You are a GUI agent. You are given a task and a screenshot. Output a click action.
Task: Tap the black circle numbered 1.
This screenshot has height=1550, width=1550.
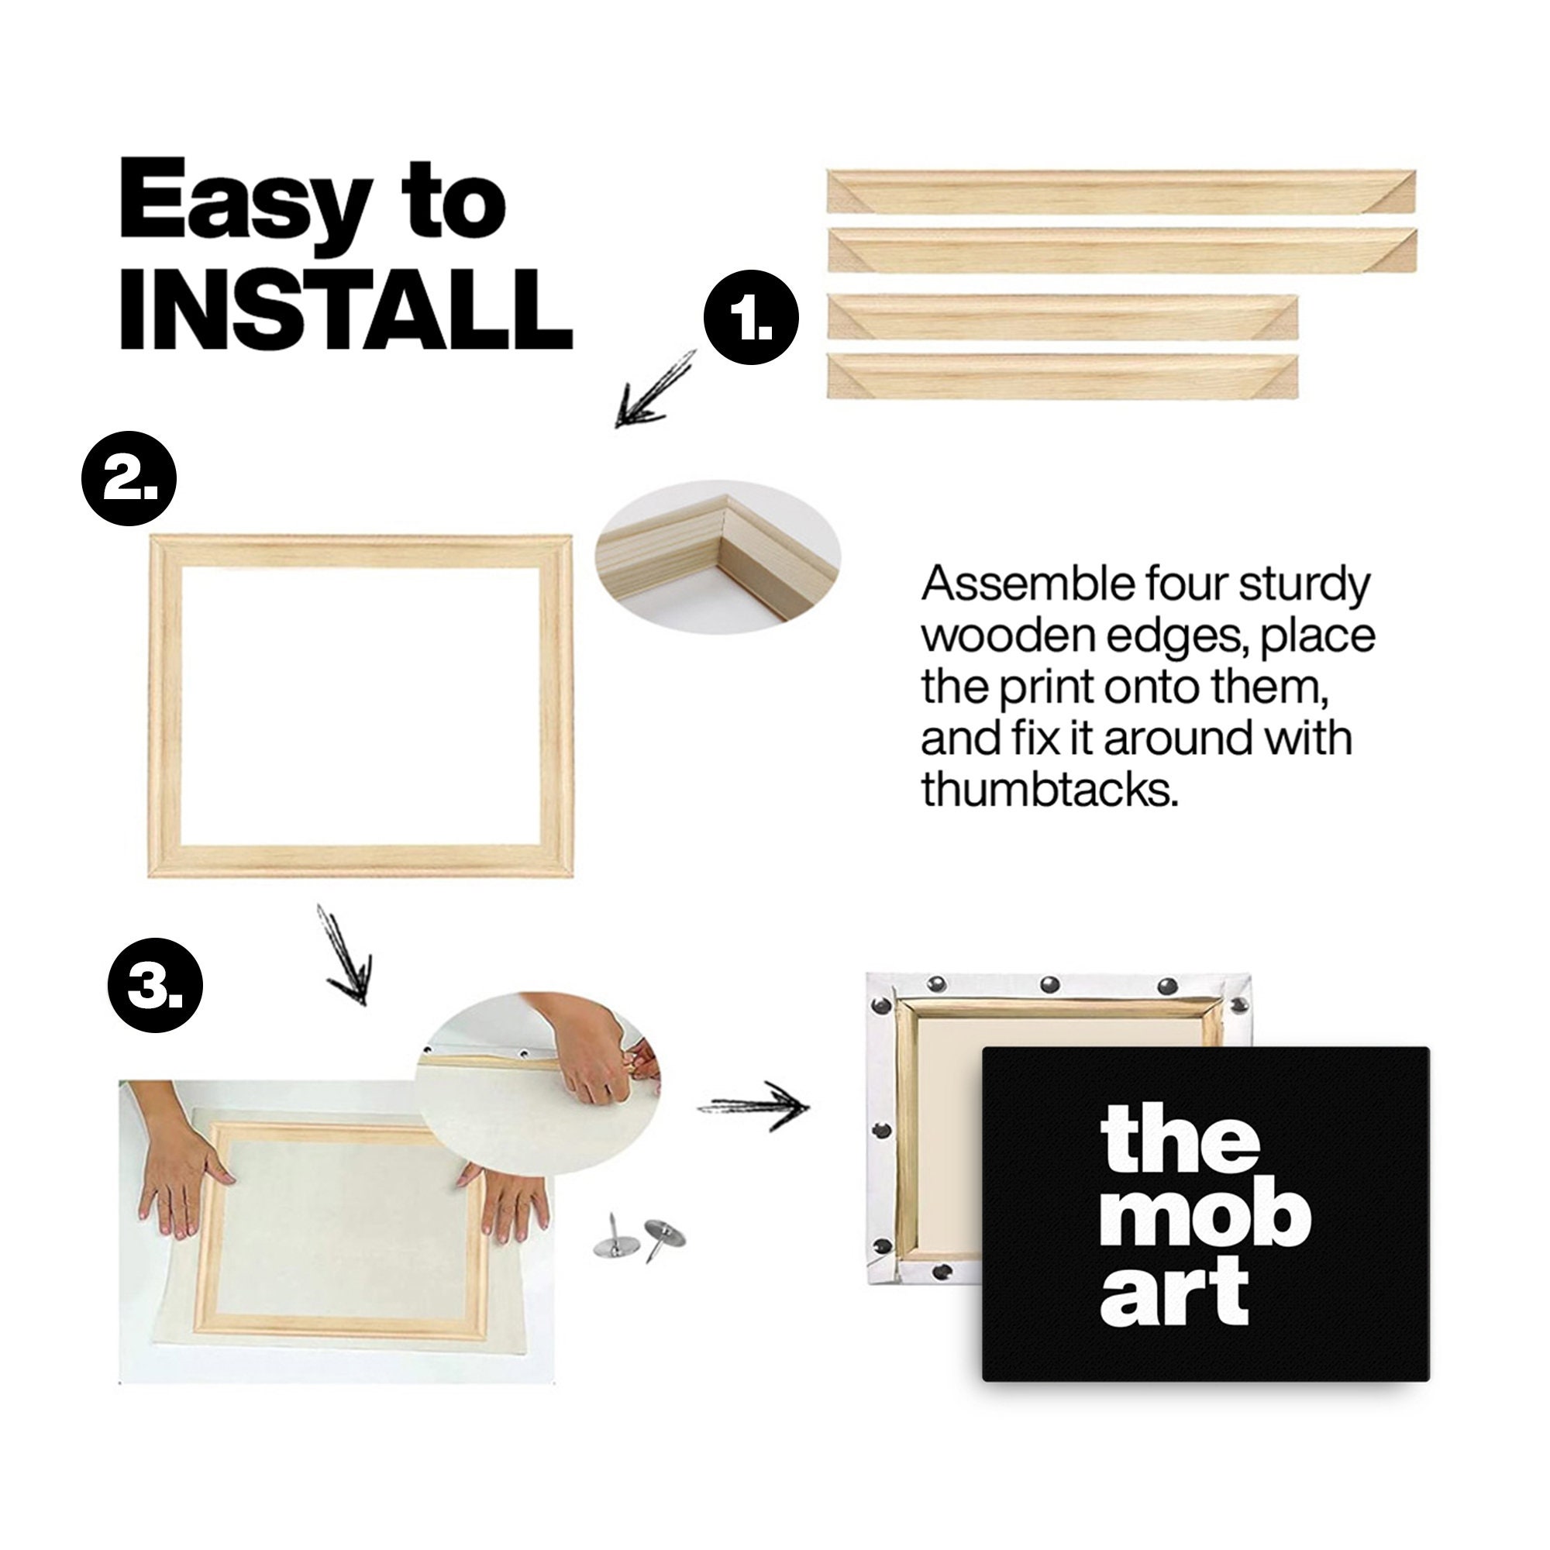pyautogui.click(x=752, y=319)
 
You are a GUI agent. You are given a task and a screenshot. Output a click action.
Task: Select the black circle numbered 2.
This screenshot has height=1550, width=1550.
pyautogui.click(x=130, y=479)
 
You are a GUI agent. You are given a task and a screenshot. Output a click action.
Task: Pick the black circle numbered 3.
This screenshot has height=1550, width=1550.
pyautogui.click(x=156, y=984)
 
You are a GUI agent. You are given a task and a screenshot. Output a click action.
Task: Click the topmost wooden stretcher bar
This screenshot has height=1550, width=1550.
pyautogui.click(x=1121, y=191)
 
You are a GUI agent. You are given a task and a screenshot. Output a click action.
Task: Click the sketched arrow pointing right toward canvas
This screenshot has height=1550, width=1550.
pyautogui.click(x=754, y=1107)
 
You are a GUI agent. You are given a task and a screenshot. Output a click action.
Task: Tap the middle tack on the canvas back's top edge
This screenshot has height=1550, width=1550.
pyautogui.click(x=1049, y=983)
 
